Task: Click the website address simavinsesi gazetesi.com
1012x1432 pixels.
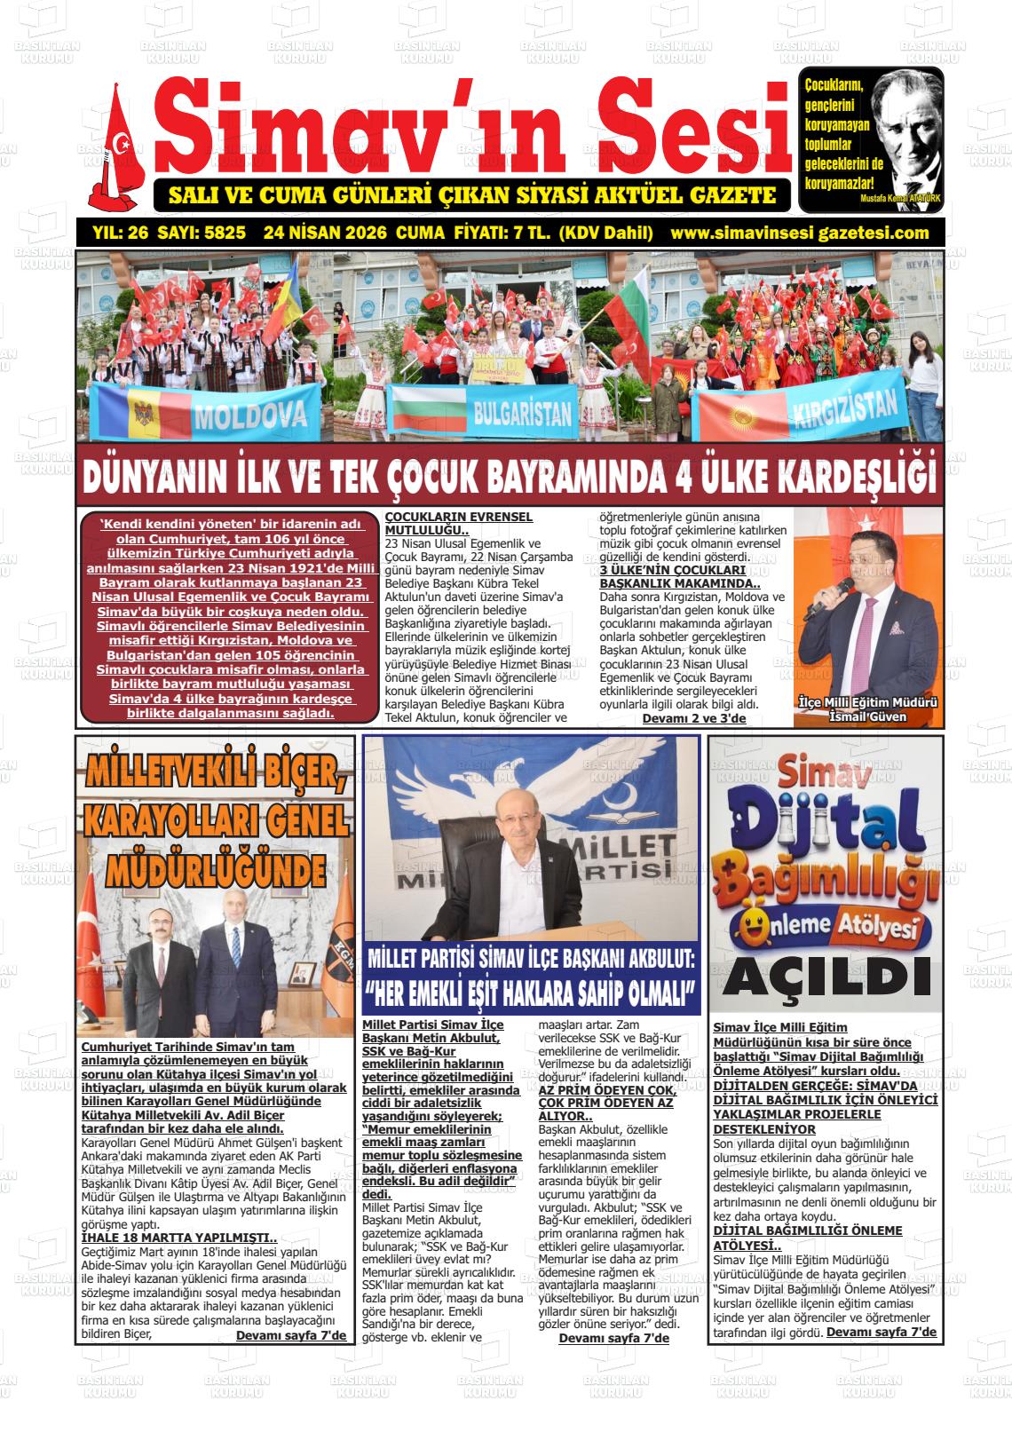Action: (x=800, y=233)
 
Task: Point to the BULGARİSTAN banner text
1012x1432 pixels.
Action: (x=522, y=412)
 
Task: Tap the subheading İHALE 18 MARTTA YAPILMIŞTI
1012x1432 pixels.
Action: (x=178, y=1238)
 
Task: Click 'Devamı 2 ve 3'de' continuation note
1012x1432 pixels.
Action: (x=693, y=717)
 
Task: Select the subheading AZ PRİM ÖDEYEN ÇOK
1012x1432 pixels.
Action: (x=605, y=1089)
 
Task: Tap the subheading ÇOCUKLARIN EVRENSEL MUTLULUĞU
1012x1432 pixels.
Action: (x=458, y=522)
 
